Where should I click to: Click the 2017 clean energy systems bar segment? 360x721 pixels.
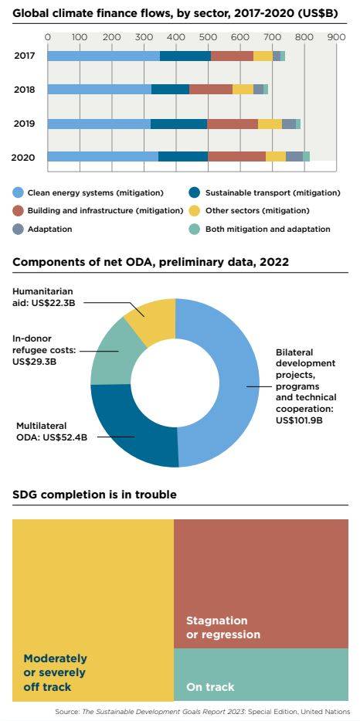tap(104, 56)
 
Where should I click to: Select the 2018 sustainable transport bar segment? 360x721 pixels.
tap(170, 89)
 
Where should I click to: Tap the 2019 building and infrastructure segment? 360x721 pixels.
tap(233, 124)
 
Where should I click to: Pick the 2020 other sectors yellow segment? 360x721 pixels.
tap(276, 156)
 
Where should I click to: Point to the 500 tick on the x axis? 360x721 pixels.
tap(207, 37)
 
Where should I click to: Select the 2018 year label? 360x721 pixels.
tap(25, 90)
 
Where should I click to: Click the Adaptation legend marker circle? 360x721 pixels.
tap(18, 229)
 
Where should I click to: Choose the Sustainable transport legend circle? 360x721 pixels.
tap(195, 192)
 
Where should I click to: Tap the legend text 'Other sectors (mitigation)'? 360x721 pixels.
tap(257, 211)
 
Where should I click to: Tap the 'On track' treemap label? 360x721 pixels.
tap(210, 687)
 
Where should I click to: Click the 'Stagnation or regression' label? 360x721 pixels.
tap(223, 627)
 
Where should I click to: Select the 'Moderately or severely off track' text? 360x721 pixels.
tap(55, 672)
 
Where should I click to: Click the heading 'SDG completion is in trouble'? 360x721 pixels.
tap(94, 495)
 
